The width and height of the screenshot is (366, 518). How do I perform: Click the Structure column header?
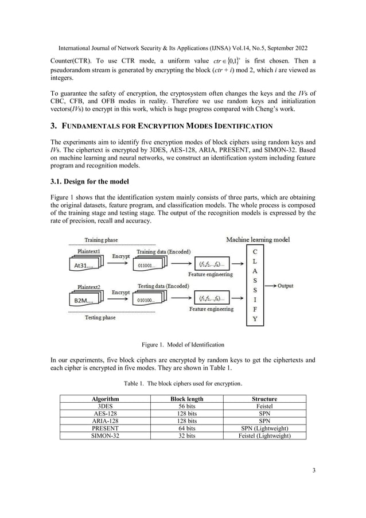(x=264, y=399)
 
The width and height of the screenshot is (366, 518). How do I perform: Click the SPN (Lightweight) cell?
(x=264, y=429)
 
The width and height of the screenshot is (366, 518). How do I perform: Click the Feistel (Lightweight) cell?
(x=264, y=436)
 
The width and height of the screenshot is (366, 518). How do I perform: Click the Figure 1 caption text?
(x=183, y=345)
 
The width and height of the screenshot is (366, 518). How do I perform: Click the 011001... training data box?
(x=149, y=266)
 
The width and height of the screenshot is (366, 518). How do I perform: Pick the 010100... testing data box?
(x=149, y=299)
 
